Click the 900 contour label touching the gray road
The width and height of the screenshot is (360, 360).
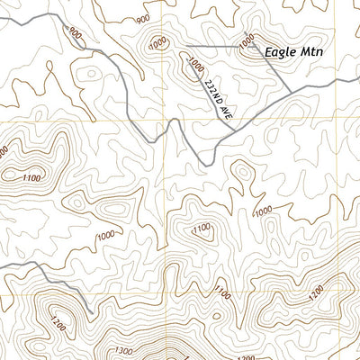76,35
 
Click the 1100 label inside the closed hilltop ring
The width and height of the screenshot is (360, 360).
202,229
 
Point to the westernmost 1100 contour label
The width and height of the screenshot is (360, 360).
31,179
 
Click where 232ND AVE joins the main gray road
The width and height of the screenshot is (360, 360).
235,130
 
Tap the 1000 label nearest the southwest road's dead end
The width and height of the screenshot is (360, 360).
105,236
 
